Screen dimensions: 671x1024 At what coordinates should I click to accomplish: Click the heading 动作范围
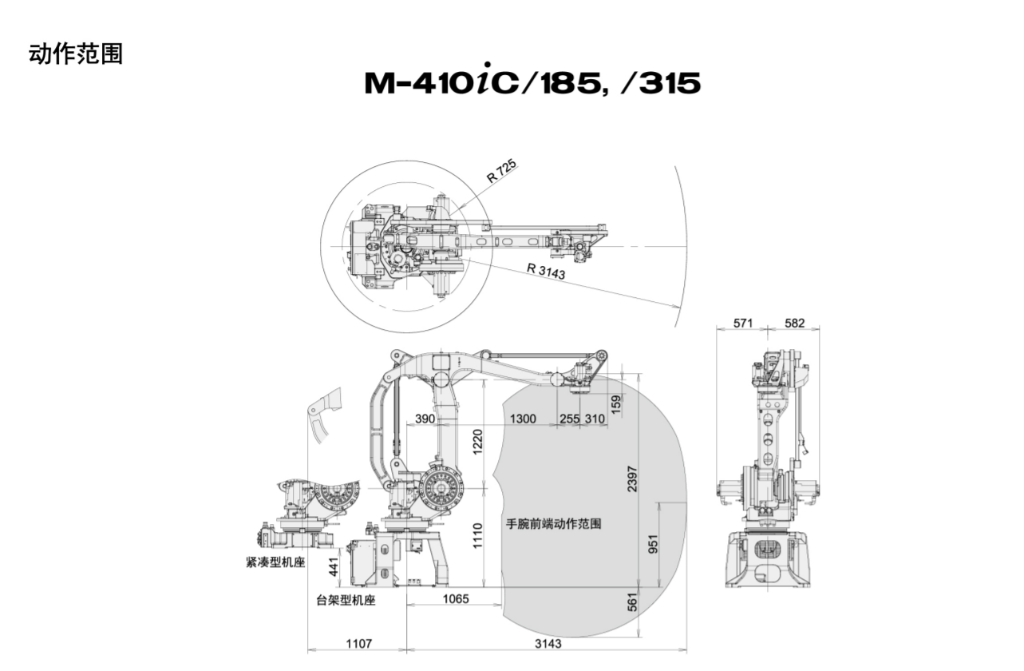pyautogui.click(x=76, y=54)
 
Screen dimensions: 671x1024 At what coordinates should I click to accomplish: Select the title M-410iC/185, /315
pyautogui.click(x=532, y=82)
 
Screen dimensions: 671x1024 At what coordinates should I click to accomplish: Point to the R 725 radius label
pyautogui.click(x=502, y=171)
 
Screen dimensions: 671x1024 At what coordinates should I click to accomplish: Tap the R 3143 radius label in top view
pyautogui.click(x=546, y=272)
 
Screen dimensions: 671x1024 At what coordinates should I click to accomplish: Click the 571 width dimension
pyautogui.click(x=743, y=324)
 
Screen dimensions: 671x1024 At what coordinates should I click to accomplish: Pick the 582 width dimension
pyautogui.click(x=794, y=324)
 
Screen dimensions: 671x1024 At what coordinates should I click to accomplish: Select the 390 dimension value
pyautogui.click(x=425, y=419)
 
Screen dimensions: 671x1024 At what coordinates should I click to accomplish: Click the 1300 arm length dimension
pyautogui.click(x=523, y=419)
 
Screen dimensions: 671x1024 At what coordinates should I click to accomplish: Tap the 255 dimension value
pyautogui.click(x=570, y=419)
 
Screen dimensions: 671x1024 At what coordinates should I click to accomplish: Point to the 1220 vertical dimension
pyautogui.click(x=476, y=441)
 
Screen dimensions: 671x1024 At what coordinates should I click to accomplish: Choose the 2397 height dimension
pyautogui.click(x=632, y=479)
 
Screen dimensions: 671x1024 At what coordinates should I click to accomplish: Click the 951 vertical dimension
pyautogui.click(x=653, y=544)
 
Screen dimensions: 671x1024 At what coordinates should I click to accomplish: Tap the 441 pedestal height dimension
pyautogui.click(x=334, y=566)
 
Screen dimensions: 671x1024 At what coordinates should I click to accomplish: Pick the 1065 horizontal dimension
pyautogui.click(x=456, y=599)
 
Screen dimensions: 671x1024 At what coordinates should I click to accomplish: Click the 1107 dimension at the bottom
pyautogui.click(x=358, y=644)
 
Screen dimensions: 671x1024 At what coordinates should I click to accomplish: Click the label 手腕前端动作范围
pyautogui.click(x=553, y=525)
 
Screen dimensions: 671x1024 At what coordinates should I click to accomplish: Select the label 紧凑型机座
pyautogui.click(x=275, y=562)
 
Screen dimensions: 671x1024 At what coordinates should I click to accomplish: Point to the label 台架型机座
pyautogui.click(x=346, y=601)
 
